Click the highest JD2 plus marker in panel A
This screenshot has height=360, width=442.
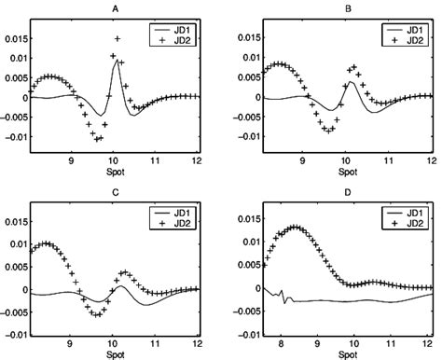click(x=117, y=38)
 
